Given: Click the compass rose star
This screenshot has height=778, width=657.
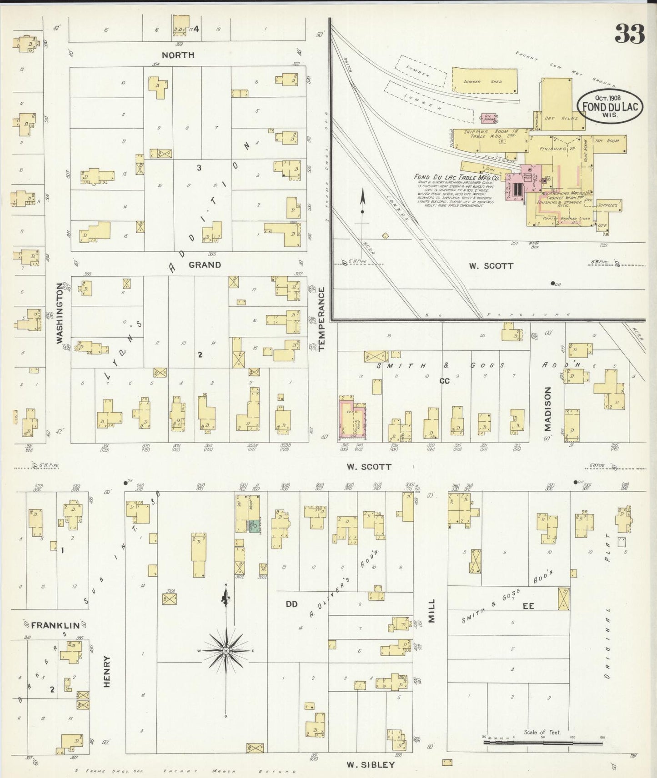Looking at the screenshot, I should tap(226, 651).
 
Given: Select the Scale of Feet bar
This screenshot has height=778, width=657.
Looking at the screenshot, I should tap(543, 742).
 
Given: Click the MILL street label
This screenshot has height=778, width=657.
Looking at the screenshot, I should tap(431, 610).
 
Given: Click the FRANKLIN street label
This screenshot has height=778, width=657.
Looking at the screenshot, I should tap(55, 625).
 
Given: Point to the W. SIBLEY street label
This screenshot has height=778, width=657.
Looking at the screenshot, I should tap(371, 764).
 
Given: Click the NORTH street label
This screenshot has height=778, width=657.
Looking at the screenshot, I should tap(178, 55).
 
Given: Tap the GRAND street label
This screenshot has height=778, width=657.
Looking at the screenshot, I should tap(205, 264).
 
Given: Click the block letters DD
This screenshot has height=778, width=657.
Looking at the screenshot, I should tap(291, 604).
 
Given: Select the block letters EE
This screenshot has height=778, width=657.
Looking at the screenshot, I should tap(528, 606).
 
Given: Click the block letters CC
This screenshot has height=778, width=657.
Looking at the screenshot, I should tap(444, 381).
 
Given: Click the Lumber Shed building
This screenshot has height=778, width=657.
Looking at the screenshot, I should tap(485, 80).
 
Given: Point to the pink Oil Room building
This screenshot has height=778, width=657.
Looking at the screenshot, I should tap(489, 118).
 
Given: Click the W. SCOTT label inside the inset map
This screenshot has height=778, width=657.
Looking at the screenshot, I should tap(491, 266).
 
